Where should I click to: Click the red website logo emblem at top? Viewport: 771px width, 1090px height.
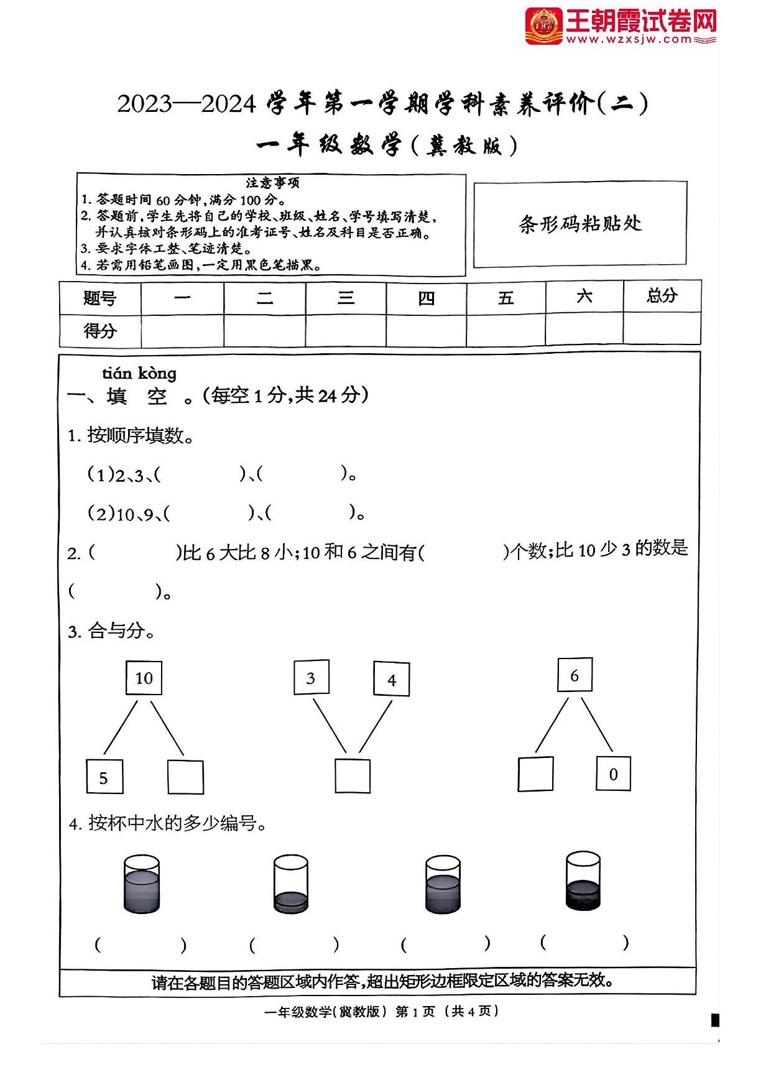[x=543, y=26]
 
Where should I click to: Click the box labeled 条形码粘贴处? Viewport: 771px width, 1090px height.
[x=580, y=224]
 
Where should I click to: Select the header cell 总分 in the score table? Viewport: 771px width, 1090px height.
[x=662, y=296]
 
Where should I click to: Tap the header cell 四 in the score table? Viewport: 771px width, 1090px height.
[x=426, y=298]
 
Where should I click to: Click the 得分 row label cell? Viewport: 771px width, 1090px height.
[x=100, y=331]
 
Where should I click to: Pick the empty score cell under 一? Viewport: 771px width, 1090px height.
[x=182, y=331]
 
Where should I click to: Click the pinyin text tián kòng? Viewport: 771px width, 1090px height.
[x=139, y=373]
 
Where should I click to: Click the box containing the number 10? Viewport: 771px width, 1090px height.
[x=144, y=678]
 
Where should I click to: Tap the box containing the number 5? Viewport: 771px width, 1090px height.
[x=104, y=777]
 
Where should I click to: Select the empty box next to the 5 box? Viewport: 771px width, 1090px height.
[x=185, y=777]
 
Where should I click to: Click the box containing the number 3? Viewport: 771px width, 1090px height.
[x=311, y=678]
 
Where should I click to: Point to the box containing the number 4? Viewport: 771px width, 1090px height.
[x=391, y=679]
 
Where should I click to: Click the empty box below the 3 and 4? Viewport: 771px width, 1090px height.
[x=353, y=776]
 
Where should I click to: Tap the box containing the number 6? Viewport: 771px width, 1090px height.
[x=575, y=675]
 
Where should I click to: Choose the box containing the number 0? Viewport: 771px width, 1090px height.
[x=613, y=774]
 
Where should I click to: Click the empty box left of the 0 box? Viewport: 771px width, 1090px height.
[x=535, y=774]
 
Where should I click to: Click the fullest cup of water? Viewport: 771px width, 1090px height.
[x=142, y=884]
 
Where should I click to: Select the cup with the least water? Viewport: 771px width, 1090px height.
[x=290, y=884]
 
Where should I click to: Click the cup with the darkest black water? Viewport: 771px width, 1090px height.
[x=583, y=882]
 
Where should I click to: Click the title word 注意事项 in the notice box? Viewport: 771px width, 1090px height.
[x=272, y=183]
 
